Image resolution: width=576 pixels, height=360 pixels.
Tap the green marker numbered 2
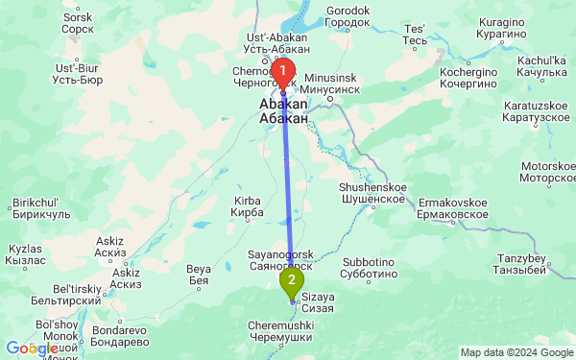point(291,280)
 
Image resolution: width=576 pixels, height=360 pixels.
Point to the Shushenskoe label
point(372,192)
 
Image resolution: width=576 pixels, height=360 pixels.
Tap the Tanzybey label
point(521,265)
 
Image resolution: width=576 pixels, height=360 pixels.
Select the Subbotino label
point(369,267)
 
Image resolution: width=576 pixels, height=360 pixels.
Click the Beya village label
point(198,275)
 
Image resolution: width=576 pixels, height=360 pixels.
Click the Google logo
point(31,348)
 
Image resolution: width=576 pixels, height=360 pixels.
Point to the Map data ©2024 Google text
point(516,352)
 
